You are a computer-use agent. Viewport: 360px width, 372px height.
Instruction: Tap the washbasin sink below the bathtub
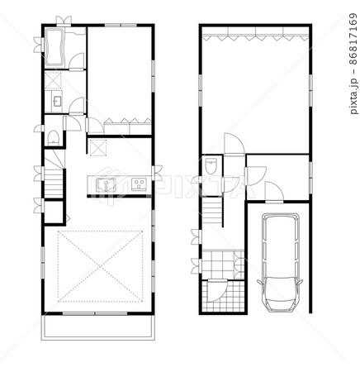[x=56, y=101]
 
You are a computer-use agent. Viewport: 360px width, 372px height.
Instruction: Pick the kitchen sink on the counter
[x=106, y=184]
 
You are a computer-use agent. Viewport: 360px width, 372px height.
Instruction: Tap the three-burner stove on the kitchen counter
[x=139, y=184]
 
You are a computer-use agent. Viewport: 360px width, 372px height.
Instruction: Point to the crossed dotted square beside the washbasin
[x=54, y=81]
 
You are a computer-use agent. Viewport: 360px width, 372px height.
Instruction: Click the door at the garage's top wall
[x=273, y=195]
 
